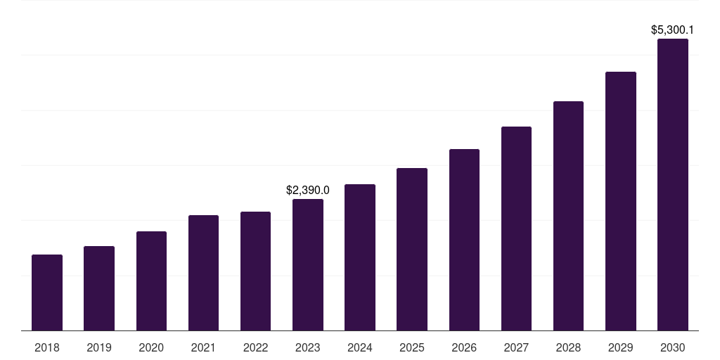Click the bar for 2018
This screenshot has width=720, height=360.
[x=47, y=292]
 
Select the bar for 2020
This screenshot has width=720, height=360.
[x=151, y=281]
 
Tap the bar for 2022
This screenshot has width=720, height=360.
[x=255, y=271]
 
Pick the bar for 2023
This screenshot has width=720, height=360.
[x=308, y=264]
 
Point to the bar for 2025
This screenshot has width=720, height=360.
[x=412, y=249]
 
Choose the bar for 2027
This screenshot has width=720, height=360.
[x=516, y=229]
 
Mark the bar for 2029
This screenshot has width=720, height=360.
[x=621, y=201]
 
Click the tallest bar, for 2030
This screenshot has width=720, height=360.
[x=673, y=184]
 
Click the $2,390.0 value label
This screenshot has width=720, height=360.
[x=308, y=190]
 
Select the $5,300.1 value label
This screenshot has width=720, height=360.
[x=673, y=30]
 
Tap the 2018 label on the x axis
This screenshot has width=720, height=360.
[x=47, y=347]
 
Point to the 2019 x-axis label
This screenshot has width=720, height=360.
[x=99, y=347]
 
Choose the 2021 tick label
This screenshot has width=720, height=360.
[x=203, y=347]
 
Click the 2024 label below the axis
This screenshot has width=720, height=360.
[x=360, y=347]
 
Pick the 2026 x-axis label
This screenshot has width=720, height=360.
[x=464, y=347]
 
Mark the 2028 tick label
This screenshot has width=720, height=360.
[x=568, y=347]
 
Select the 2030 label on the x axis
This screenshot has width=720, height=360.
[x=673, y=347]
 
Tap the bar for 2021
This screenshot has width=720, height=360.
[x=203, y=273]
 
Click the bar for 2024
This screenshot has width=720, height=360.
[x=360, y=257]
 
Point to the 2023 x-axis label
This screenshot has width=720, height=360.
[x=308, y=347]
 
